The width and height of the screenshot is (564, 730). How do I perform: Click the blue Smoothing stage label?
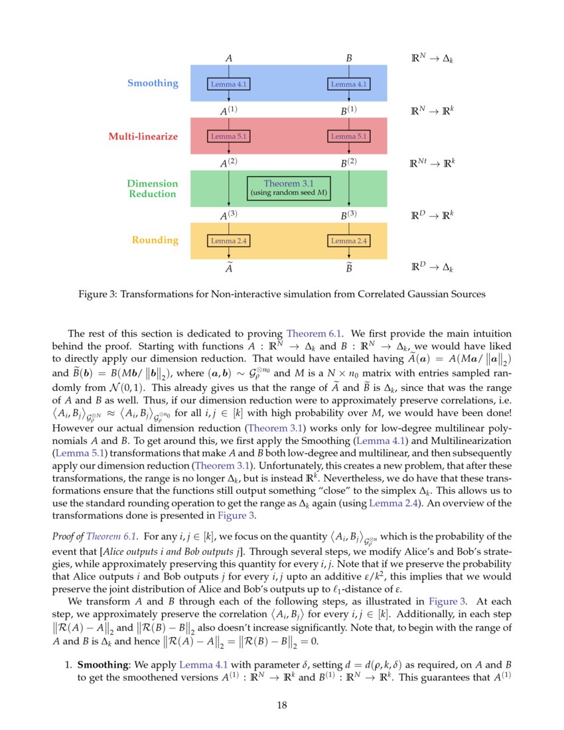coord(153,84)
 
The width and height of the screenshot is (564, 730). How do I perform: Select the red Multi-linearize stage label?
coord(143,137)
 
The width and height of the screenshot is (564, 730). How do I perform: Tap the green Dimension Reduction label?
coord(152,189)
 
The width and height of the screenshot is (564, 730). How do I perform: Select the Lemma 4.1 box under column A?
coord(228,84)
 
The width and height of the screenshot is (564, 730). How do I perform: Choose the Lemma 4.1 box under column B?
coord(348,84)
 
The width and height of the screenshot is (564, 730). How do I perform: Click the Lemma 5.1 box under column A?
coord(228,137)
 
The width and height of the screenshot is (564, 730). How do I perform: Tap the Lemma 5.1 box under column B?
coord(348,137)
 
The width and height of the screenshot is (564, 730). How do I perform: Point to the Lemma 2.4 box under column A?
coord(228,241)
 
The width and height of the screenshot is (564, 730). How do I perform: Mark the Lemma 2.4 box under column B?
coord(348,241)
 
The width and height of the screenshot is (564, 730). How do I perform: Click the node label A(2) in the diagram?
coord(228,162)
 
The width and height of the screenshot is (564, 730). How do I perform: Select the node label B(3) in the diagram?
coord(348,214)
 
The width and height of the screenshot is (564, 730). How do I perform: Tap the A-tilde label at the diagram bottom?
coord(228,268)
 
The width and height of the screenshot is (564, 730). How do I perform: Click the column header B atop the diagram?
coord(348,58)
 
